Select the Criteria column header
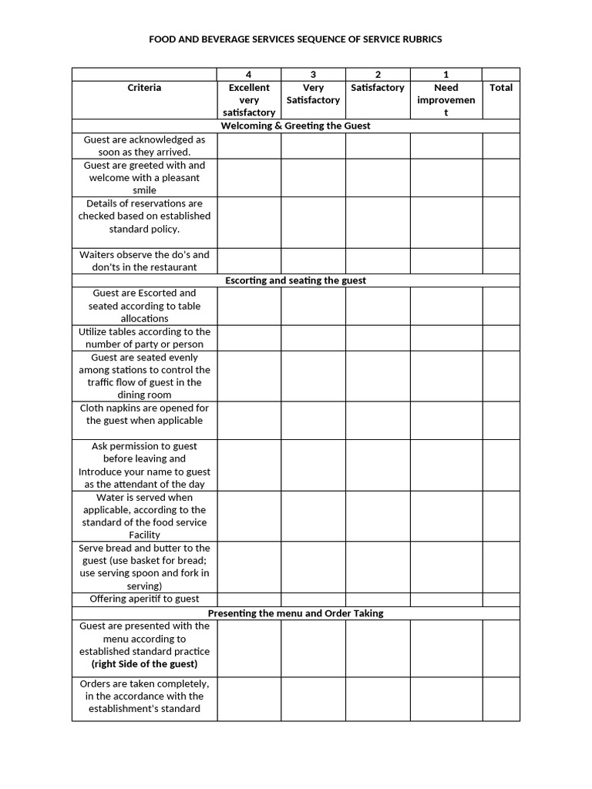[x=144, y=88]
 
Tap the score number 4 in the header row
[x=248, y=74]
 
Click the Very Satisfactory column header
[x=313, y=94]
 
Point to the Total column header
[x=501, y=88]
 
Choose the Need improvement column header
[x=446, y=100]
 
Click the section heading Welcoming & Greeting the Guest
[x=295, y=126]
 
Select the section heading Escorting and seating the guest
[x=295, y=280]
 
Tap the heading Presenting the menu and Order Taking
[x=295, y=613]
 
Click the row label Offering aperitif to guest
[x=144, y=599]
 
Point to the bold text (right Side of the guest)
[x=144, y=663]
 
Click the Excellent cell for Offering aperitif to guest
[x=248, y=599]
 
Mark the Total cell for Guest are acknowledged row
[x=501, y=146]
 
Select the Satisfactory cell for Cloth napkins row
[x=377, y=420]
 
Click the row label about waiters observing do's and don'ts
[x=144, y=260]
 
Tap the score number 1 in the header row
[x=446, y=74]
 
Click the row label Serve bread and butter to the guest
[x=144, y=566]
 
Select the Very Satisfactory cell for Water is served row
[x=313, y=515]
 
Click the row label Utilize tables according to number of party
[x=144, y=337]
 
